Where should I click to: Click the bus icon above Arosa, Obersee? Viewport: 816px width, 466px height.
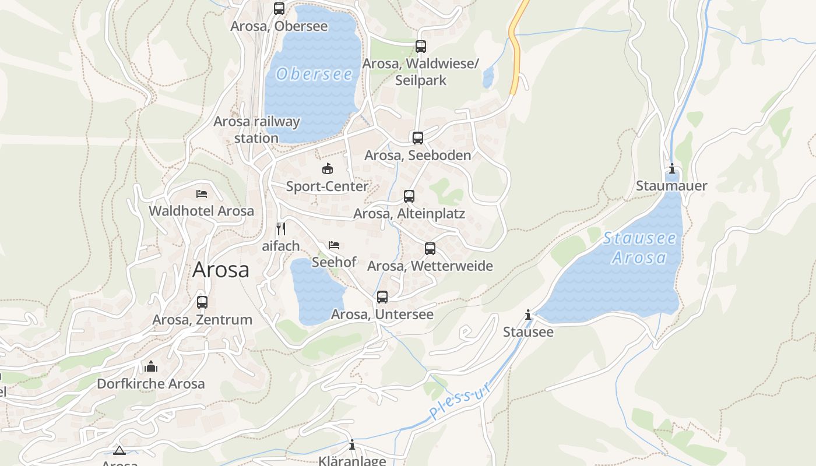tap(279, 9)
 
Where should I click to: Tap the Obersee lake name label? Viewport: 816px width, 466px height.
tap(315, 74)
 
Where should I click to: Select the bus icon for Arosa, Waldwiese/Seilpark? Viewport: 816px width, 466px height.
tap(421, 47)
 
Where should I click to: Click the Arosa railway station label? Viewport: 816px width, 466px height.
tap(256, 129)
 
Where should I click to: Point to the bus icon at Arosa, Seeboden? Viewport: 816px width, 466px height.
tap(418, 138)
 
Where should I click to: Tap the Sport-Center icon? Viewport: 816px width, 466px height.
tap(328, 169)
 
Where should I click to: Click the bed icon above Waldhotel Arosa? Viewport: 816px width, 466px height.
tap(202, 193)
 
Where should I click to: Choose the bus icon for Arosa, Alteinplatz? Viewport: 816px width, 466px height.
tap(409, 196)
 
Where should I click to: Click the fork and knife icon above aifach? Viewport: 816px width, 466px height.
tap(280, 228)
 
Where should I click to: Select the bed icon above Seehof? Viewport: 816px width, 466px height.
tap(334, 245)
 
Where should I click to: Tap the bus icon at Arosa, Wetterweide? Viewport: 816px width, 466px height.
tap(430, 249)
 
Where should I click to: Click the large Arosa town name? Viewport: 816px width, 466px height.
tap(221, 270)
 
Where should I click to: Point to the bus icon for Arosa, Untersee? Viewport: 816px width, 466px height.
tap(382, 297)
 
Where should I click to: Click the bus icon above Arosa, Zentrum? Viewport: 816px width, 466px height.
tap(202, 302)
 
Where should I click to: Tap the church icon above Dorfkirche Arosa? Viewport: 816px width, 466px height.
tap(151, 366)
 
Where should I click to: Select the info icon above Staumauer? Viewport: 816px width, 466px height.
tap(672, 169)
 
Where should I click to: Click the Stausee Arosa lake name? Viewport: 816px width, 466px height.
tap(639, 248)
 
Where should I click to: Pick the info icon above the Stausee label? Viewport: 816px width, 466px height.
tap(528, 315)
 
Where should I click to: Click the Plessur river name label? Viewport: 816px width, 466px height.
tap(459, 401)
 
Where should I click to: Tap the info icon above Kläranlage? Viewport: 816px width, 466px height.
tap(352, 445)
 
